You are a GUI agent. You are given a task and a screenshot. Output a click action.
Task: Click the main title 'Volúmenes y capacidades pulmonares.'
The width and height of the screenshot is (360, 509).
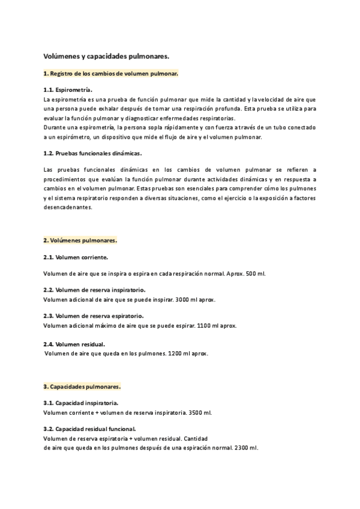[x=106, y=56]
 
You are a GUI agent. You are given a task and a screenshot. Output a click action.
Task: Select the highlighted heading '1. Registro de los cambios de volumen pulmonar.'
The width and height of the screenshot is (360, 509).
[x=110, y=73]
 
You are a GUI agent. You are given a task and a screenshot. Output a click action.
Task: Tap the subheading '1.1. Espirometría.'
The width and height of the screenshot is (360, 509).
[x=68, y=89]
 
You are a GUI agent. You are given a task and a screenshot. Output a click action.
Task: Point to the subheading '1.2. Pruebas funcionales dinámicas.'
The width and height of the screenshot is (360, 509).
[x=92, y=153]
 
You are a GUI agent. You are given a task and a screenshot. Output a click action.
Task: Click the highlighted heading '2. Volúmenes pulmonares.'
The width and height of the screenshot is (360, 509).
[x=80, y=241]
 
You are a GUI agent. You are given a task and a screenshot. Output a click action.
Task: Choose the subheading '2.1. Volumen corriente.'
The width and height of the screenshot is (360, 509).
[x=76, y=257]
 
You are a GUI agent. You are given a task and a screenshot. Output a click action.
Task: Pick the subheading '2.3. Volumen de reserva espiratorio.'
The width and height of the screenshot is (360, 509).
[x=94, y=316]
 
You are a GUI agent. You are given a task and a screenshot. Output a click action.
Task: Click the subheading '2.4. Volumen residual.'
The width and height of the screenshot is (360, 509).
[x=74, y=344]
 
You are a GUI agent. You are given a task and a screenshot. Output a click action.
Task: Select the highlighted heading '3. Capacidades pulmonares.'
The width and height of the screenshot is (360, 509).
[x=82, y=387]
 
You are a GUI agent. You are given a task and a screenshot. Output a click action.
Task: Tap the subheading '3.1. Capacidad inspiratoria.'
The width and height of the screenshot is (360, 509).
[x=80, y=403]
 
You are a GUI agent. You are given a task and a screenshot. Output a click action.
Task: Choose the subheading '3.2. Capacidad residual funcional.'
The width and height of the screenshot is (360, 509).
[x=89, y=429]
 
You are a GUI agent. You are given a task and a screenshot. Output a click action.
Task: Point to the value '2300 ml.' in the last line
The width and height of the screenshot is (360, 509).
[x=246, y=448]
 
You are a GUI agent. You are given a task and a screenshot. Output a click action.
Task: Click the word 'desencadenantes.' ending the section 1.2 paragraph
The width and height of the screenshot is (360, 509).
[x=68, y=207]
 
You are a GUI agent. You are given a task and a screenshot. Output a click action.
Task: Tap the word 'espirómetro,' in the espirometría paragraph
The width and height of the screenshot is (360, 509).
[x=70, y=137]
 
